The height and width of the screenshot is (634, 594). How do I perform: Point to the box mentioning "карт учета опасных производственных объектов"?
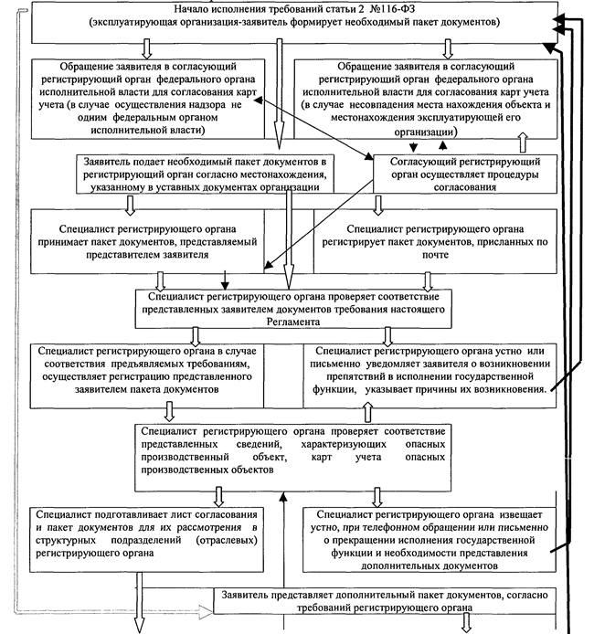click(x=292, y=451)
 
